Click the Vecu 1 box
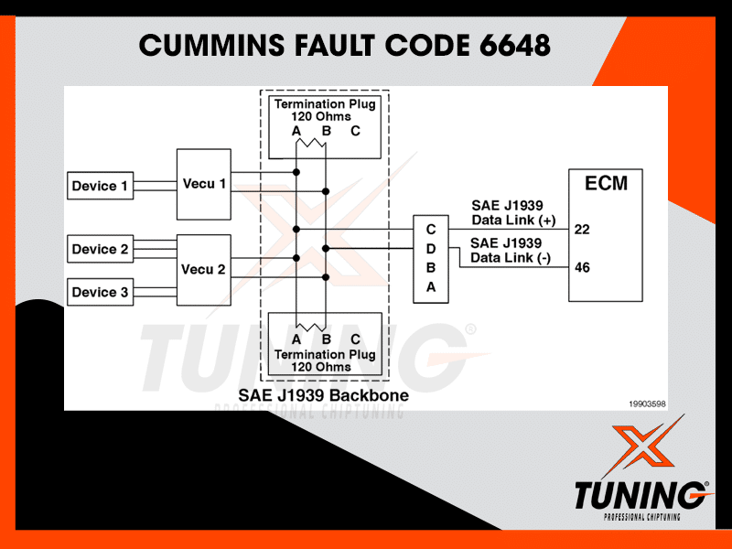pyautogui.click(x=203, y=184)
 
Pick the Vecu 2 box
pyautogui.click(x=203, y=269)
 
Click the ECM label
pyautogui.click(x=607, y=183)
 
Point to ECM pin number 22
pyautogui.click(x=582, y=229)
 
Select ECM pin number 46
pyautogui.click(x=582, y=268)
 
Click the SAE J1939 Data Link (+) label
pyautogui.click(x=513, y=213)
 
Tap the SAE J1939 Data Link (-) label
pyautogui.click(x=511, y=250)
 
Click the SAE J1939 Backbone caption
pyautogui.click(x=323, y=396)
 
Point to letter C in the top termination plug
pyautogui.click(x=355, y=131)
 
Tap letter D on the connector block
pyautogui.click(x=431, y=248)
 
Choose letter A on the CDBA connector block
pyautogui.click(x=431, y=287)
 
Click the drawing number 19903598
pyautogui.click(x=647, y=403)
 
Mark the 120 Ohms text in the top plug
pyautogui.click(x=324, y=117)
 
